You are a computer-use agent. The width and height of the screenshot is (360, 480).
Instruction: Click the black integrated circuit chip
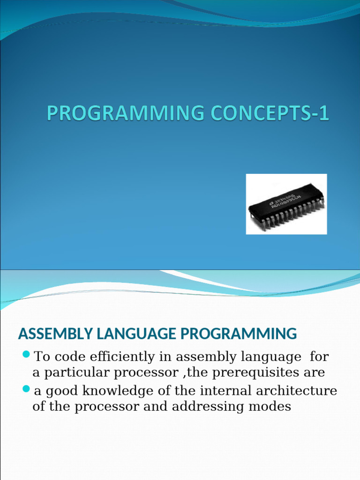click(x=286, y=205)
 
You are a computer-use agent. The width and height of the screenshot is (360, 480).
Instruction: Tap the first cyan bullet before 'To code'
click(x=26, y=353)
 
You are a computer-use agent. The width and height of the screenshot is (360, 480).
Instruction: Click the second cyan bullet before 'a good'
click(x=26, y=388)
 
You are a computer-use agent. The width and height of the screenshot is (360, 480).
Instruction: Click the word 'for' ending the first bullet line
click(x=319, y=357)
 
